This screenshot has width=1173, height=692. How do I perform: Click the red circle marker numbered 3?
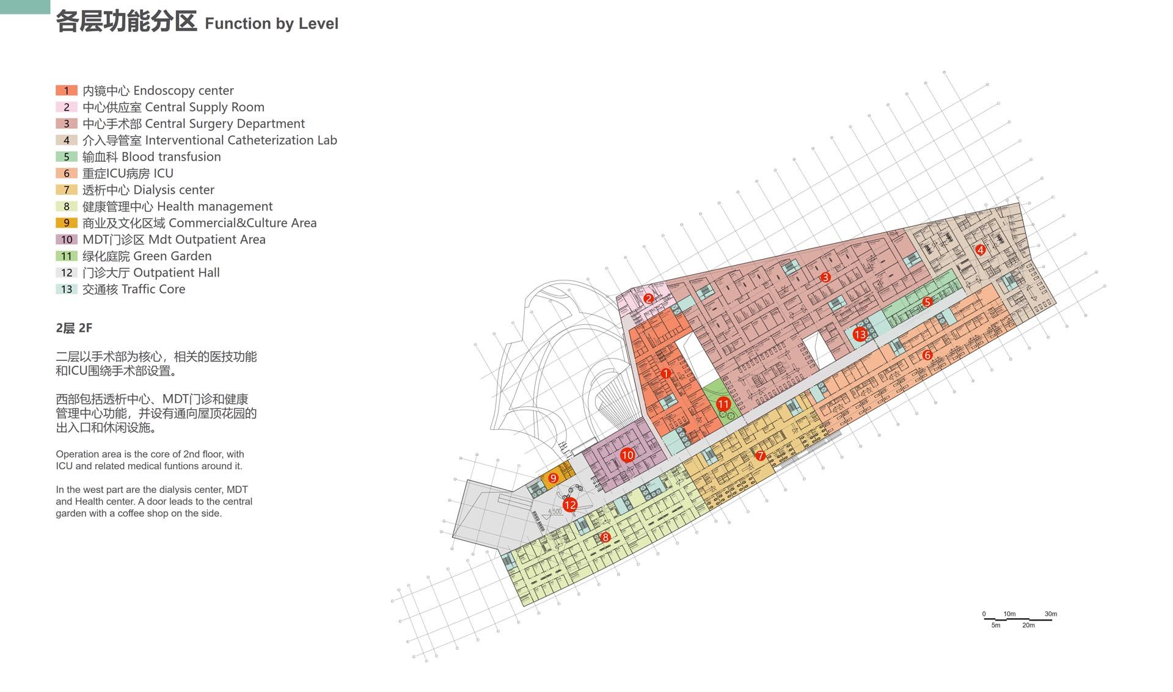tap(825, 277)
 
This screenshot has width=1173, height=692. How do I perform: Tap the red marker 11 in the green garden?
tap(723, 404)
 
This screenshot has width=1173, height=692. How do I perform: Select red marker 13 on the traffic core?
tap(860, 334)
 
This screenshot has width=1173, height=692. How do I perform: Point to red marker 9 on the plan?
tap(554, 478)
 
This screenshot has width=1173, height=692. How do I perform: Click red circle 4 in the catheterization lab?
tap(981, 250)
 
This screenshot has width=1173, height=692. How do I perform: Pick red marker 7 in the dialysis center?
tap(761, 456)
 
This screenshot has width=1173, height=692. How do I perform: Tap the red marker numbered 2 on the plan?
tap(649, 299)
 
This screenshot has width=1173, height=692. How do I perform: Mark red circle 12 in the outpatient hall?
tap(570, 505)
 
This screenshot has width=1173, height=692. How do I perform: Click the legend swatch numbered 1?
tap(67, 90)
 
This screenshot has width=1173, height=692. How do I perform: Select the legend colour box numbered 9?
tap(67, 223)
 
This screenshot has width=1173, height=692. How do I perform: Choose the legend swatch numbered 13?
tap(67, 289)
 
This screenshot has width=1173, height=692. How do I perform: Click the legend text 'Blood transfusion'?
tap(171, 157)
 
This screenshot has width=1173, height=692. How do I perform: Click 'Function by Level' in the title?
tap(271, 24)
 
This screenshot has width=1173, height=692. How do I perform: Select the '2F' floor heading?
tap(86, 328)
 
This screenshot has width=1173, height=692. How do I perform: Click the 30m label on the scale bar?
tap(1051, 614)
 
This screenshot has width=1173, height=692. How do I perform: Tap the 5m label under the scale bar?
tap(996, 625)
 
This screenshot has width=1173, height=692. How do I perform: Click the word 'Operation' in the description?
tap(77, 454)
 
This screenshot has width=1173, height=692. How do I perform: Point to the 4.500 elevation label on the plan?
tap(555, 512)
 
